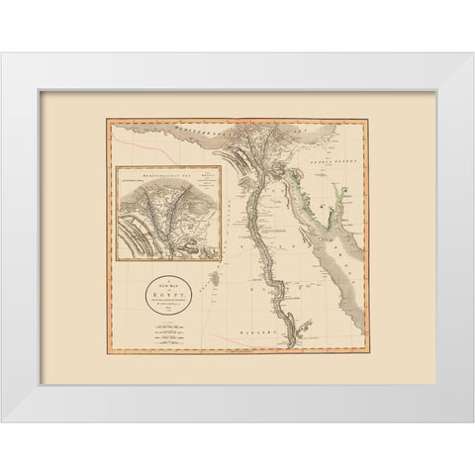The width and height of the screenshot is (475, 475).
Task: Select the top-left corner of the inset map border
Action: pos(116,166)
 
